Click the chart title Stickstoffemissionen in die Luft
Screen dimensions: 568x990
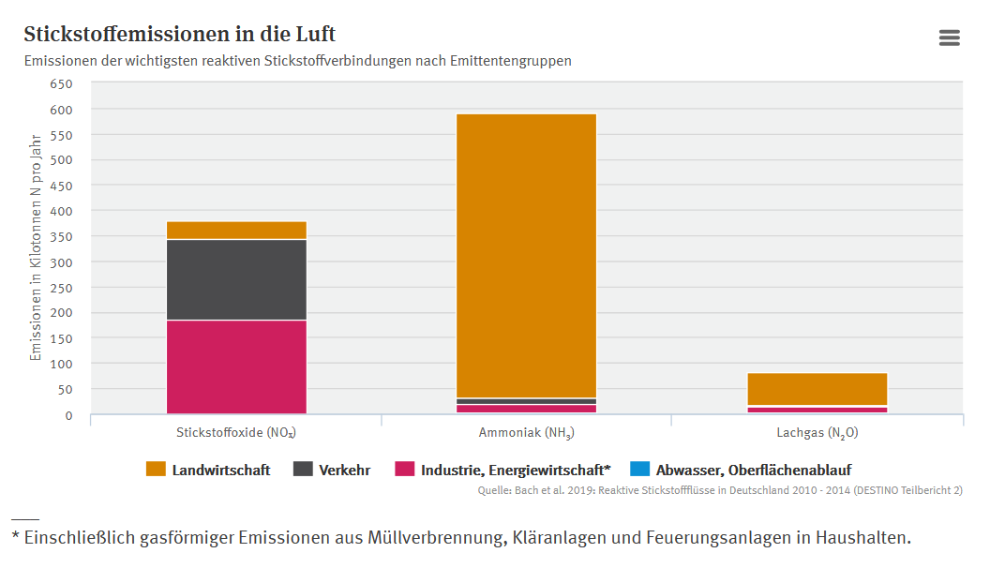pos(179,35)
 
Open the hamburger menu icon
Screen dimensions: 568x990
pos(949,37)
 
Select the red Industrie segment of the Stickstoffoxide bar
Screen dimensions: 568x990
pos(236,366)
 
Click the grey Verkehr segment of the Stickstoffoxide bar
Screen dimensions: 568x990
pos(236,279)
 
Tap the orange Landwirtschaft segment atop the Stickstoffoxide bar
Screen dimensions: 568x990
pos(236,231)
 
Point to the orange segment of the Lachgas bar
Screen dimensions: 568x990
pos(817,389)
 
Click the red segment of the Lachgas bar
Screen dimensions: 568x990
pos(817,410)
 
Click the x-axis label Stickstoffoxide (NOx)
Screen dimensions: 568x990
pos(236,433)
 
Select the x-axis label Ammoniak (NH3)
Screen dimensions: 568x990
pos(526,433)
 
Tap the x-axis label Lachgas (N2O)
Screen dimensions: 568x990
pos(817,433)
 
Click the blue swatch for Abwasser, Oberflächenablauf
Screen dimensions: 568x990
pos(639,470)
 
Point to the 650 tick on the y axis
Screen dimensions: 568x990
pos(61,83)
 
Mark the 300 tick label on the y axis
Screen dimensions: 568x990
pos(61,262)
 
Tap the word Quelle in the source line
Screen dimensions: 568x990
pos(495,490)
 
